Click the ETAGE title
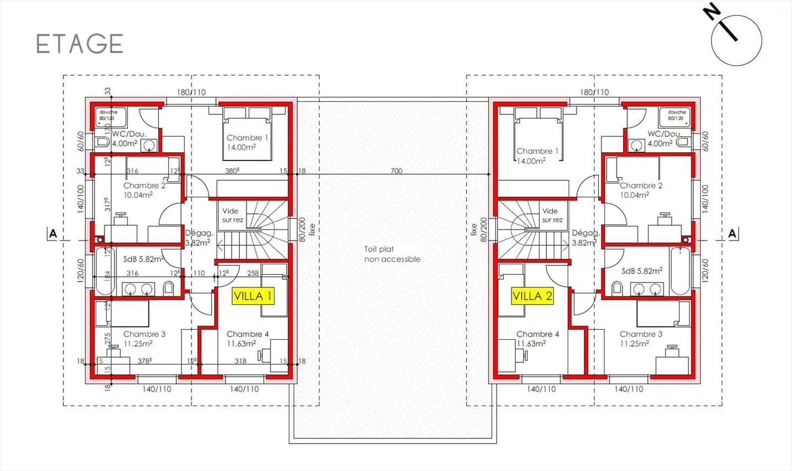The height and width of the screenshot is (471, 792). tap(80, 44)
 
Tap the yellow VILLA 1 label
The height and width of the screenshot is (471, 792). tap(253, 296)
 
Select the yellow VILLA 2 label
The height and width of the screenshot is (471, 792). tap(532, 296)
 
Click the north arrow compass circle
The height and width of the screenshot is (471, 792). tap(736, 41)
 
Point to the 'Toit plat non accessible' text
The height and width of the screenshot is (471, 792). tap(392, 254)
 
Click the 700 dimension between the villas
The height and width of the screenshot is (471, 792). tap(396, 171)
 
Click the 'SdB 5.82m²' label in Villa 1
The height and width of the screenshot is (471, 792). tap(143, 259)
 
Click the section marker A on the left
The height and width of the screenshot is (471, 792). tap(53, 234)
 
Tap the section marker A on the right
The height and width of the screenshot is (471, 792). tap(732, 234)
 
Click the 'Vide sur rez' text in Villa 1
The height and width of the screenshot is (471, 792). tap(232, 215)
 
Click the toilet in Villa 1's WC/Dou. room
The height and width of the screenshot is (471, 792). tap(102, 142)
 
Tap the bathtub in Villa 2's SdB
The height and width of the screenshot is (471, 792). tap(680, 271)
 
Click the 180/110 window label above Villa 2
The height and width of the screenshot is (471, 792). tap(594, 92)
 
